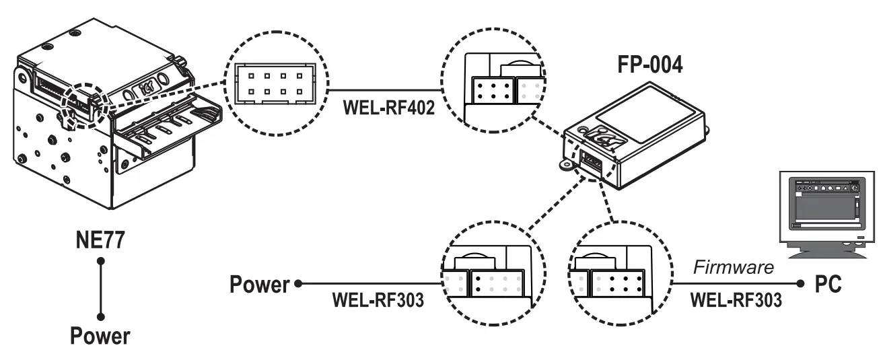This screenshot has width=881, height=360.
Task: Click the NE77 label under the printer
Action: click(x=100, y=240)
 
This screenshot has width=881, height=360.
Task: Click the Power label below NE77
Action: click(x=100, y=334)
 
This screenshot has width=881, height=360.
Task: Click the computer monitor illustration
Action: click(x=824, y=212)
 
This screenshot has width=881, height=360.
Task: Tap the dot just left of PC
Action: click(x=800, y=284)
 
